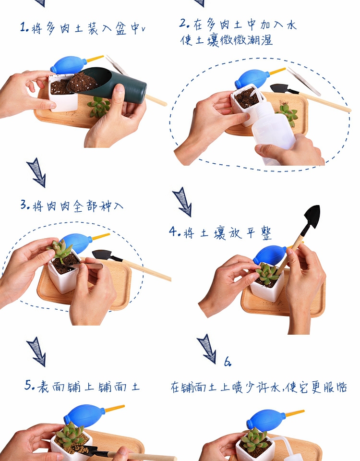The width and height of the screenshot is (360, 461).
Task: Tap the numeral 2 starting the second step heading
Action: (x=183, y=23)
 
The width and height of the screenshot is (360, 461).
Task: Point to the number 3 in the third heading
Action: (x=24, y=205)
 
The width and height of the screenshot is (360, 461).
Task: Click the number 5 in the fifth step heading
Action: (x=28, y=385)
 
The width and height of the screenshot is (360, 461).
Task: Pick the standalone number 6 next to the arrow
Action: (x=228, y=362)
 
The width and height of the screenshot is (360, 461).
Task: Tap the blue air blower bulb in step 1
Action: (x=68, y=65)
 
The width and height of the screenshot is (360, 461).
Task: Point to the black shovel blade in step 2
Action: (x=279, y=88)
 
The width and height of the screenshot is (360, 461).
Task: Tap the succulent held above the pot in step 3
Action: (x=60, y=249)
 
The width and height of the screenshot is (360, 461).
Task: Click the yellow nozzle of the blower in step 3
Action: (x=101, y=236)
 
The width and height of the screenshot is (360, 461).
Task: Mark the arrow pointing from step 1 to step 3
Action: (x=37, y=173)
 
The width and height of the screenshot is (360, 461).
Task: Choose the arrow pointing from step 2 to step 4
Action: (x=182, y=202)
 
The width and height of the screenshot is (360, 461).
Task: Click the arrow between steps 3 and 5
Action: (x=37, y=352)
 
